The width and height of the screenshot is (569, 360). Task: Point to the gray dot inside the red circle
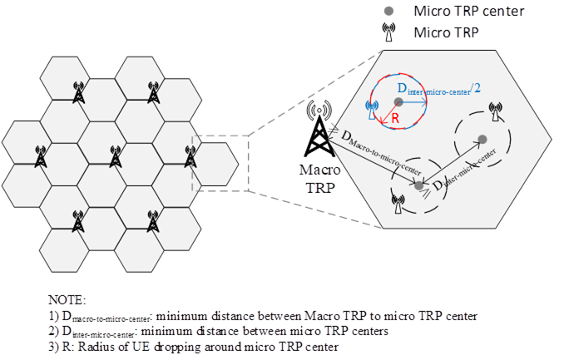[398, 101]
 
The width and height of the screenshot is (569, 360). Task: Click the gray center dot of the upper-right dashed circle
[482, 139]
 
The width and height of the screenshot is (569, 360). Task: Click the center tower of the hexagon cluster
[115, 155]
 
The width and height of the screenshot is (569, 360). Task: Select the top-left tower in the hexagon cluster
[78, 92]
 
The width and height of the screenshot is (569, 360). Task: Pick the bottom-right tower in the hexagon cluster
[152, 219]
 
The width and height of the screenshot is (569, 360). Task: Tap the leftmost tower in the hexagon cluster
[39, 155]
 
